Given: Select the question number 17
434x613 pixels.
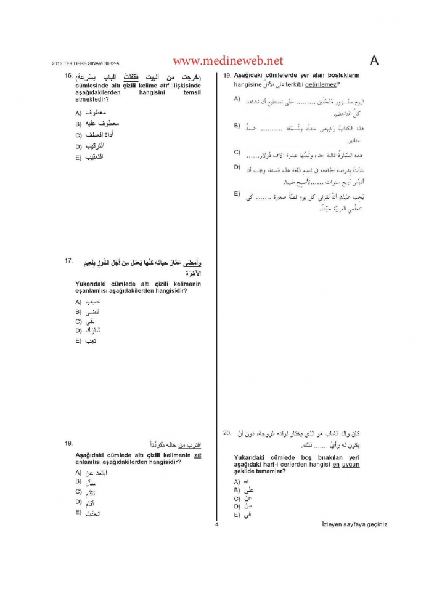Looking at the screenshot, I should pos(68,262).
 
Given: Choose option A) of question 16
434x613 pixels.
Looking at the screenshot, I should pos(78,113).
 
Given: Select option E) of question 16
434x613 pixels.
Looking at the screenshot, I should pos(78,158).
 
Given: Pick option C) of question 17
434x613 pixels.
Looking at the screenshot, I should pos(78,321).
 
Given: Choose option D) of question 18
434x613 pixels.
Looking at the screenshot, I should pos(78,502).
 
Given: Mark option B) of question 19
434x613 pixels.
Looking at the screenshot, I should pos(237,126).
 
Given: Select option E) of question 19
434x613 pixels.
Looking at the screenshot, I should pos(237,194).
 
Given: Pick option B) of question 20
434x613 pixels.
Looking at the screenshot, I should pos(237,490).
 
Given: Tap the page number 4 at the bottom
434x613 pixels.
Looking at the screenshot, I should pos(217,524).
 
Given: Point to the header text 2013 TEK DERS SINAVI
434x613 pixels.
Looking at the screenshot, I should pos(78,64).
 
